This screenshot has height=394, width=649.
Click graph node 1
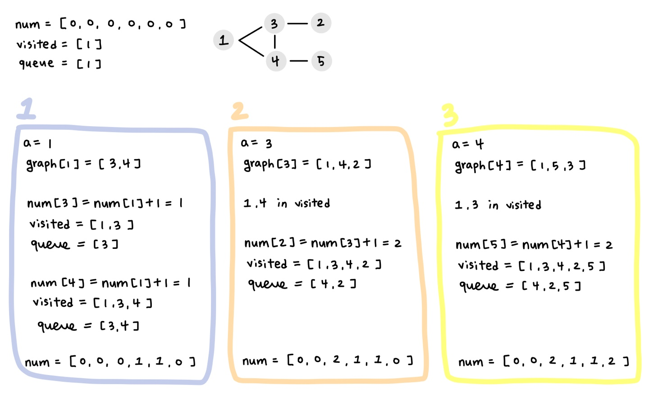click(224, 40)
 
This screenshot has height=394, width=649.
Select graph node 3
click(274, 23)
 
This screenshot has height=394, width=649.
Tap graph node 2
click(320, 23)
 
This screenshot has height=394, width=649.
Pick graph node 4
click(275, 61)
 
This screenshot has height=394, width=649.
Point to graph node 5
click(321, 61)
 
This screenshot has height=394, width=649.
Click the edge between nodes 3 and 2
click(297, 23)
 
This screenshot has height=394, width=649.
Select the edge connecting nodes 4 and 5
click(298, 61)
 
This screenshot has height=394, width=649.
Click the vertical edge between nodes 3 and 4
click(274, 42)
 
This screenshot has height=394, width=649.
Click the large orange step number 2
click(239, 111)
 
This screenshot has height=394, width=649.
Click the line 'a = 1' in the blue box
click(38, 143)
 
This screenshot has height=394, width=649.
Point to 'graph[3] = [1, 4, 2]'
click(307, 164)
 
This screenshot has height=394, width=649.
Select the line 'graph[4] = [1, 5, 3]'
click(520, 166)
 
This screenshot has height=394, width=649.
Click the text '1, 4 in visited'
click(287, 203)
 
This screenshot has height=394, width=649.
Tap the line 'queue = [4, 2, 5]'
click(520, 286)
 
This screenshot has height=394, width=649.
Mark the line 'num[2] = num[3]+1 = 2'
click(323, 243)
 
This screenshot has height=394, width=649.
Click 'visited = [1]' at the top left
click(59, 44)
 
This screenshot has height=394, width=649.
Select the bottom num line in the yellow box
click(543, 361)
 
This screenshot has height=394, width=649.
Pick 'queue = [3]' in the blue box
click(74, 244)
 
